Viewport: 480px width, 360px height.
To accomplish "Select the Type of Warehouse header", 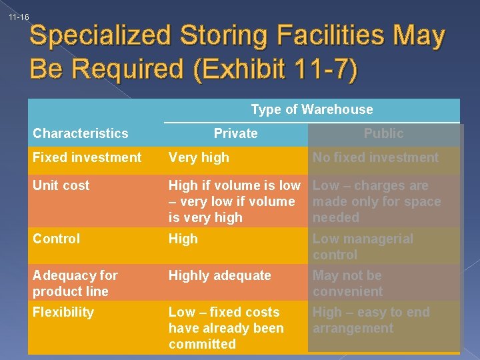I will pyautogui.click(x=311, y=109).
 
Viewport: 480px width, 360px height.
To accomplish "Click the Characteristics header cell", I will pyautogui.click(x=80, y=133).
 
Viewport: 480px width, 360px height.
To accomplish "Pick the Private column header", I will pyautogui.click(x=235, y=133).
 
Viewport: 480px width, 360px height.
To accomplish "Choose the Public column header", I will pyautogui.click(x=383, y=133).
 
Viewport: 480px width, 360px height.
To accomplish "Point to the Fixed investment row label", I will pyautogui.click(x=87, y=157).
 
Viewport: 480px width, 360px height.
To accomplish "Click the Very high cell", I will pyautogui.click(x=199, y=157).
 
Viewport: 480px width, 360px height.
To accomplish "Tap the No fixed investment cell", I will pyautogui.click(x=375, y=157).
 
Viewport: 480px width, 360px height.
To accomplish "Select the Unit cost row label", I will pyautogui.click(x=61, y=185).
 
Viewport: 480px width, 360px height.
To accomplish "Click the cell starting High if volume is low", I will pyautogui.click(x=233, y=201).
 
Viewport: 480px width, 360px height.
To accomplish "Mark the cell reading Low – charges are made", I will pyautogui.click(x=377, y=201).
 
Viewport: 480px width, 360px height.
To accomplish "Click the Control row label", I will pyautogui.click(x=57, y=239).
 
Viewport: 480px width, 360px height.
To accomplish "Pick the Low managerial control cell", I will pyautogui.click(x=363, y=247).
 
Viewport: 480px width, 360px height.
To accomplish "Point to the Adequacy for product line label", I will pyautogui.click(x=75, y=283).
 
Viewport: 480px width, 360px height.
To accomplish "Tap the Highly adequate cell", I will pyautogui.click(x=219, y=275).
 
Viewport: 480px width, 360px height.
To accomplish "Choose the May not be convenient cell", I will pyautogui.click(x=347, y=283).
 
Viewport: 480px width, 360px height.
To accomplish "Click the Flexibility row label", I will pyautogui.click(x=63, y=312).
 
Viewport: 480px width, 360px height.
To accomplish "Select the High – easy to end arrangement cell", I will pyautogui.click(x=371, y=320).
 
